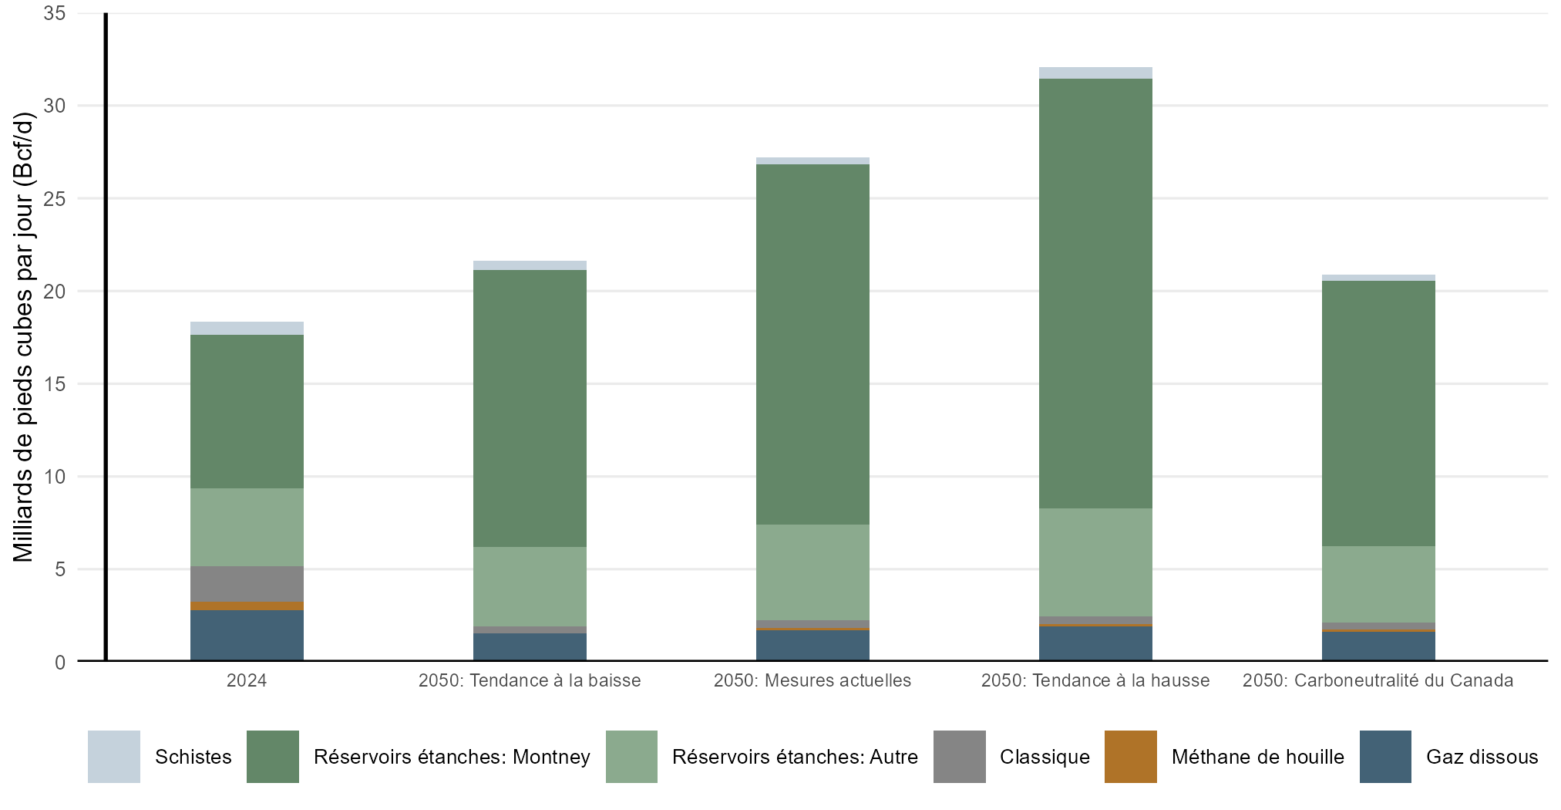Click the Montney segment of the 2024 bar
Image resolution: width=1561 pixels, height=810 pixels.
coord(247,411)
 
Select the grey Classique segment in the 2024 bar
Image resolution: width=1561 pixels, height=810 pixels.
coord(247,583)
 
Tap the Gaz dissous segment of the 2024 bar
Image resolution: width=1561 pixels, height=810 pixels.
coord(247,635)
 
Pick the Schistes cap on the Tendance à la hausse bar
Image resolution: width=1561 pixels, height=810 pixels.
coord(1095,73)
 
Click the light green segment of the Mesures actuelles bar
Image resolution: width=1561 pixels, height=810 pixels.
coord(812,572)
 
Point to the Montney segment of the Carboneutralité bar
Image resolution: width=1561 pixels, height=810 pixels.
coord(1378,413)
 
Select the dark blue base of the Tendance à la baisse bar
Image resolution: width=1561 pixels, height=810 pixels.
coord(530,646)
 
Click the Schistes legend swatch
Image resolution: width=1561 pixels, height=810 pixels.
coord(114,757)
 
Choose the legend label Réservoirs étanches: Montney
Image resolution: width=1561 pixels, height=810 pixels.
coord(452,757)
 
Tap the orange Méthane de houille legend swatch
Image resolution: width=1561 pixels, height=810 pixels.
coord(1130,757)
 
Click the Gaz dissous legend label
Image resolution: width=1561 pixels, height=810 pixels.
coord(1482,757)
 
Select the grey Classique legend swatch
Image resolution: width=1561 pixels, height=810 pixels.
coord(959,757)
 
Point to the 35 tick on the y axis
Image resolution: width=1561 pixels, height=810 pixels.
coord(55,13)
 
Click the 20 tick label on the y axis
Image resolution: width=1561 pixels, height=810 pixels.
coord(55,292)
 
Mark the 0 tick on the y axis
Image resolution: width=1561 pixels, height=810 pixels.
coord(60,662)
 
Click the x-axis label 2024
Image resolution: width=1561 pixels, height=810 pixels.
coord(247,680)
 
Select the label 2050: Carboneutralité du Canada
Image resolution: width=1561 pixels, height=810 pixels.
coord(1378,680)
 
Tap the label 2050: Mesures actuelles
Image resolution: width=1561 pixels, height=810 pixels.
coord(812,680)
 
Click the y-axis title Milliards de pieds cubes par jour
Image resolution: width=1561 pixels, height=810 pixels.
coord(24,337)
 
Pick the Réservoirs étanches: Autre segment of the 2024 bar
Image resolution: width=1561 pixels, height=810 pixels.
coord(247,527)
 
